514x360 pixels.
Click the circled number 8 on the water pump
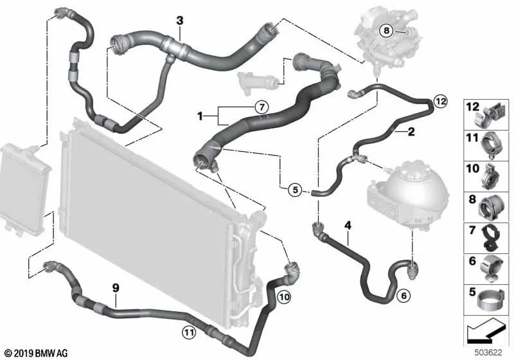[387, 30]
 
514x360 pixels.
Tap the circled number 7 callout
[261, 107]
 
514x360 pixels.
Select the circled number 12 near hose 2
[440, 102]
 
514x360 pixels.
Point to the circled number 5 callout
[295, 190]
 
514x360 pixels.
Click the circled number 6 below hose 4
[403, 296]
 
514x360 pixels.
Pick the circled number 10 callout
[284, 298]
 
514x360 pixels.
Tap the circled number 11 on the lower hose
[189, 333]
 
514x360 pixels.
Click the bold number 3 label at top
[180, 21]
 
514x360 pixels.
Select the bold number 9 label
[116, 288]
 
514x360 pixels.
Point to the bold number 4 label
[348, 225]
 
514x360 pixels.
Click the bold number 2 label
[411, 132]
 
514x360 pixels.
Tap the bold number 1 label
[200, 116]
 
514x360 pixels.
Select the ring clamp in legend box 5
[490, 299]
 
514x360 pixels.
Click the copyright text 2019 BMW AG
[37, 353]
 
